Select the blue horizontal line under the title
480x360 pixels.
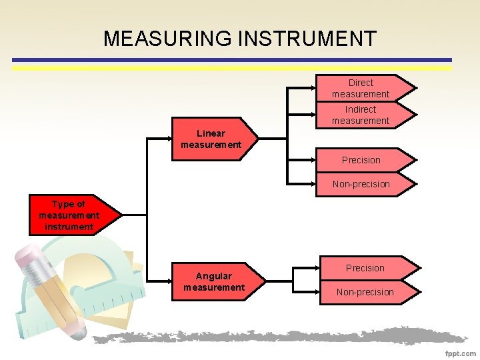(x=232, y=60)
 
